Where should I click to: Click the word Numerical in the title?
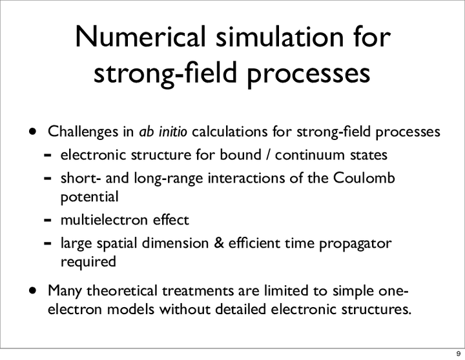point(141,36)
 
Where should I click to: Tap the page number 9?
point(458,354)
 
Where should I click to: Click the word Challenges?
point(83,132)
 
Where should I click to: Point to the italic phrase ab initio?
point(163,131)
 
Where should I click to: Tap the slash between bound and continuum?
point(268,155)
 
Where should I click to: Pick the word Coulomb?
point(364,178)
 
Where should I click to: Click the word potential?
point(90,197)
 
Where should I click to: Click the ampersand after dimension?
point(218,243)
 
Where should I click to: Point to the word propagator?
point(355,244)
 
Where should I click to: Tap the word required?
point(88,262)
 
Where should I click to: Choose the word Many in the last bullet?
point(65,291)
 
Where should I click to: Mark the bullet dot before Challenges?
point(33,131)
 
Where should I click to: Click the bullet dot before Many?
point(33,290)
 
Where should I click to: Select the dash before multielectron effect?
point(47,220)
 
